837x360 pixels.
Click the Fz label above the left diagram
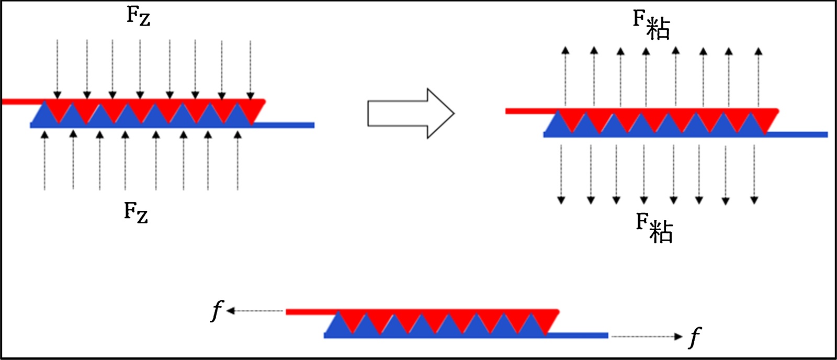[x=138, y=16]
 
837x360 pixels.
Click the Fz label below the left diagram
[x=136, y=212]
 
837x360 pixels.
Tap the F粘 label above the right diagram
[x=651, y=24]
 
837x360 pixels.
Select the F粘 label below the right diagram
[x=654, y=228]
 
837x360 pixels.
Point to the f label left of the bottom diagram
[x=216, y=310]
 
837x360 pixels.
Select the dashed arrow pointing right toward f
[x=647, y=336]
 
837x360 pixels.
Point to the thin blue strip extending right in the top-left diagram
[x=285, y=125]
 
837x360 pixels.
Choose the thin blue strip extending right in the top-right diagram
[x=798, y=134]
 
